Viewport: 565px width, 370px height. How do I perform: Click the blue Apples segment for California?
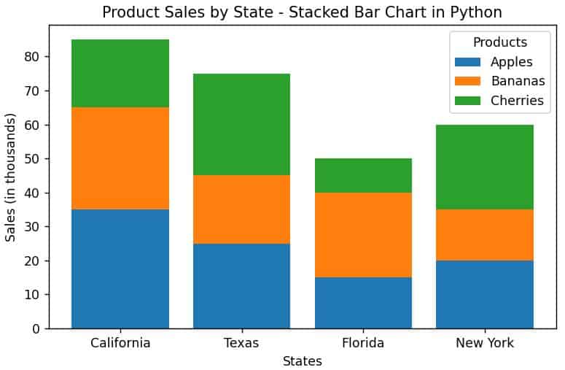(120, 269)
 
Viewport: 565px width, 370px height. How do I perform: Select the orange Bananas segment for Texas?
(241, 209)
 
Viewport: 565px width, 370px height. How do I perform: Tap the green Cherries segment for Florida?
(363, 175)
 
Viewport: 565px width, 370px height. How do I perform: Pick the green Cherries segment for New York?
(485, 167)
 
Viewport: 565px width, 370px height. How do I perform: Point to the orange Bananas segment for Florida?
(363, 235)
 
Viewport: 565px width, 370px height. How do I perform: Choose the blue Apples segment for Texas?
(241, 285)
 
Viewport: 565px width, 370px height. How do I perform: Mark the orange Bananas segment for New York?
(485, 235)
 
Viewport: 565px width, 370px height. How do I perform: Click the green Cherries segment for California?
(120, 73)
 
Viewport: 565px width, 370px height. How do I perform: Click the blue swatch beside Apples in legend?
(467, 62)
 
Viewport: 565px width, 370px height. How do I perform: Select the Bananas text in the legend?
(518, 81)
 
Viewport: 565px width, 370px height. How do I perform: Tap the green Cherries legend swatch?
(467, 101)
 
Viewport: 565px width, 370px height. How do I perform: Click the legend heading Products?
(500, 42)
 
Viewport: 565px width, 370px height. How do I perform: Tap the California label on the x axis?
(120, 343)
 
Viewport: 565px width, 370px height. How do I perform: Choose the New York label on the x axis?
(485, 343)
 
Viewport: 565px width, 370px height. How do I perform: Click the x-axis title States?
(302, 361)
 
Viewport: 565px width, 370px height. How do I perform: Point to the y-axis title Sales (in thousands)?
(10, 177)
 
